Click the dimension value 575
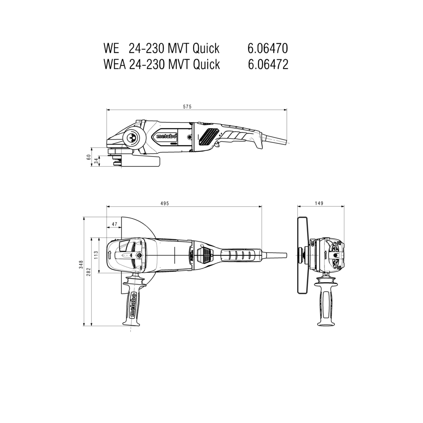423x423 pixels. point(187,107)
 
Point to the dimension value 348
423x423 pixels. point(81,265)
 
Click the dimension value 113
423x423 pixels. point(96,255)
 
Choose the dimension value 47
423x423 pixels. point(114,224)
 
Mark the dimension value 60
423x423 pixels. point(88,157)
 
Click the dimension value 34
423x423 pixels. point(96,161)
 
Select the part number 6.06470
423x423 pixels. point(268,49)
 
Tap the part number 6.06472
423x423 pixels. point(268,64)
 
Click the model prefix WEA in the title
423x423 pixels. point(115,64)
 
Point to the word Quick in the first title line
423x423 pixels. point(206,49)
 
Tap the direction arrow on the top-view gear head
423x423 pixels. point(110,255)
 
